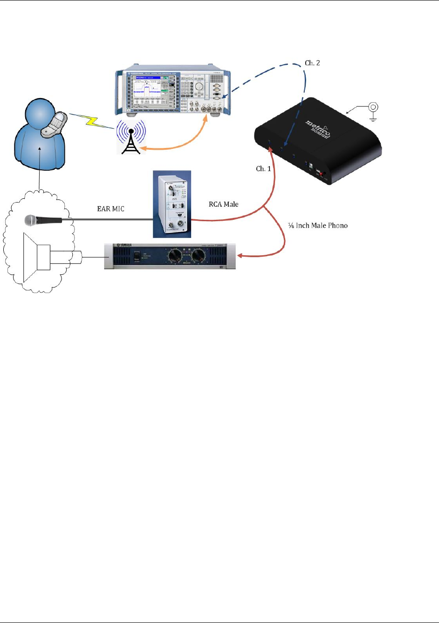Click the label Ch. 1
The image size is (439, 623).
263,168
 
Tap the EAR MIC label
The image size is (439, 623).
110,209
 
